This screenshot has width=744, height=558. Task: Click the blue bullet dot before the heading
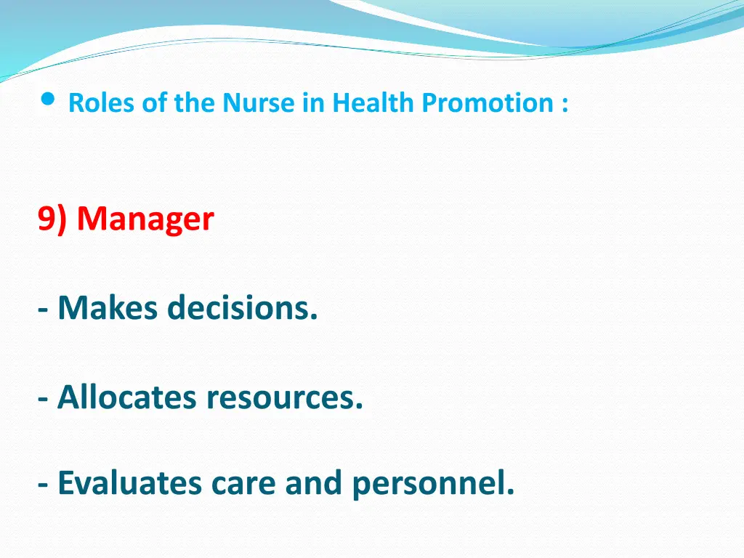click(x=48, y=99)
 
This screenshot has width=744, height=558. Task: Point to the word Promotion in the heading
click(x=488, y=102)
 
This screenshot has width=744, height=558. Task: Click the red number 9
click(x=46, y=219)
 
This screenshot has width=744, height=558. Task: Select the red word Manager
click(x=145, y=219)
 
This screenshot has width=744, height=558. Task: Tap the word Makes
click(x=108, y=307)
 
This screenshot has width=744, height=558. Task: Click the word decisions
click(x=243, y=307)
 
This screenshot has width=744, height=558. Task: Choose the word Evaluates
click(x=129, y=483)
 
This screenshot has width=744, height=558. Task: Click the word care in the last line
click(x=243, y=485)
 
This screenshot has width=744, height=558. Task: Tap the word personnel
click(x=433, y=485)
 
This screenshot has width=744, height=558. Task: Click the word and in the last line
click(x=313, y=482)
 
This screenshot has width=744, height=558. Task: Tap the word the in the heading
click(x=194, y=102)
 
